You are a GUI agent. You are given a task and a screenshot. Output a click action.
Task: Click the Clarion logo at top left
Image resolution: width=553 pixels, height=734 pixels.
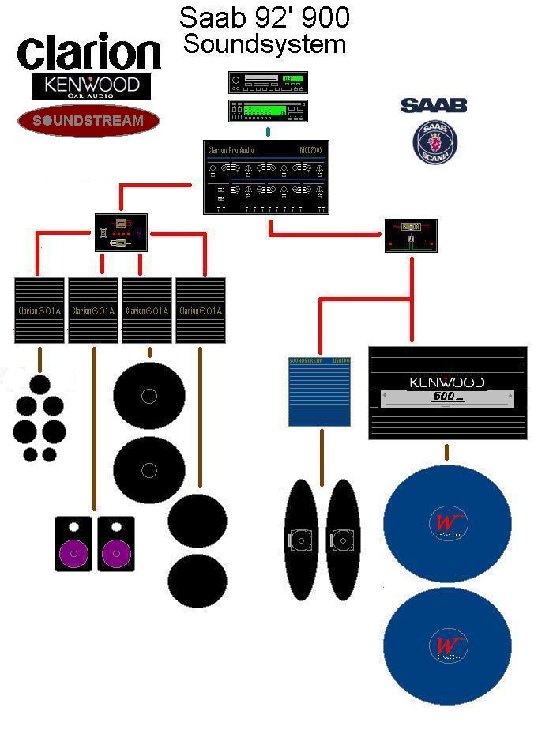[88, 52]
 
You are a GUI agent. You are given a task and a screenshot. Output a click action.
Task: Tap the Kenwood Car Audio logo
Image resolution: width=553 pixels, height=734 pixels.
[92, 86]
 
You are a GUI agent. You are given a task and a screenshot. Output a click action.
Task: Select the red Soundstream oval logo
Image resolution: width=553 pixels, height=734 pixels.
[88, 121]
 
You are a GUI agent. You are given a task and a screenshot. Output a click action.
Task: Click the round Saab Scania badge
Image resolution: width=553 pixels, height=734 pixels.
[435, 143]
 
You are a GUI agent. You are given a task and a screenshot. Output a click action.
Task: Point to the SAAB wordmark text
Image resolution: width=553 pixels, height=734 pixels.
[434, 105]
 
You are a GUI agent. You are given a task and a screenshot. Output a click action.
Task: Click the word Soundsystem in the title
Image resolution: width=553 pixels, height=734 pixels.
[265, 44]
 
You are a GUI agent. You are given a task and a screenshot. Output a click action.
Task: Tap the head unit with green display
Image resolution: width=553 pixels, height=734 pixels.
[268, 111]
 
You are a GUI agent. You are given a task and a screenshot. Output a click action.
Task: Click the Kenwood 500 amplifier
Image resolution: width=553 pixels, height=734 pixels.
[447, 393]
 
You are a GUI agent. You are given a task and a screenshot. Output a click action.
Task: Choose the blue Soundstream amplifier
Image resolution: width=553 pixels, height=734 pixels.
[319, 392]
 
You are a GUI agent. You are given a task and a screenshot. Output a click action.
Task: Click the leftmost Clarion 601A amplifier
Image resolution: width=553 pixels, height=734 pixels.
[39, 311]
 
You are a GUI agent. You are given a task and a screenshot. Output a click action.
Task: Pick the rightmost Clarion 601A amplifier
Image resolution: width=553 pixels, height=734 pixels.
[201, 311]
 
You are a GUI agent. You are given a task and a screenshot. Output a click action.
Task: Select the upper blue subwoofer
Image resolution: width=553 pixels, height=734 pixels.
[447, 523]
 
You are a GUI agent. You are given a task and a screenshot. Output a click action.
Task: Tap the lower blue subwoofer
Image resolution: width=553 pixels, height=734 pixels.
[447, 646]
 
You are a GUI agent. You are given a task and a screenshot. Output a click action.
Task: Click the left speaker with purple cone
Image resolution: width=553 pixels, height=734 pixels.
[73, 544]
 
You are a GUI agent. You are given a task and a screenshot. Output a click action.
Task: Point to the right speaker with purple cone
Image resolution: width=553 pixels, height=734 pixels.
[116, 544]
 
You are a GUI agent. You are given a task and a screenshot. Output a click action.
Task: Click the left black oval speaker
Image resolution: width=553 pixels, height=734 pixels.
[300, 540]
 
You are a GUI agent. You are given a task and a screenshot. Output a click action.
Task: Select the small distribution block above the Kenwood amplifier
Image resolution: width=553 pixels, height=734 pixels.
[411, 235]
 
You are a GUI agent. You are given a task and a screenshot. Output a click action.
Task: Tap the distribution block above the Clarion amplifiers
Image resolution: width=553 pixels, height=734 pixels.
[122, 232]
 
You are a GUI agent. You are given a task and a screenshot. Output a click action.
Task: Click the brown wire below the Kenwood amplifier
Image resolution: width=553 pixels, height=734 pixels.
[447, 453]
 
